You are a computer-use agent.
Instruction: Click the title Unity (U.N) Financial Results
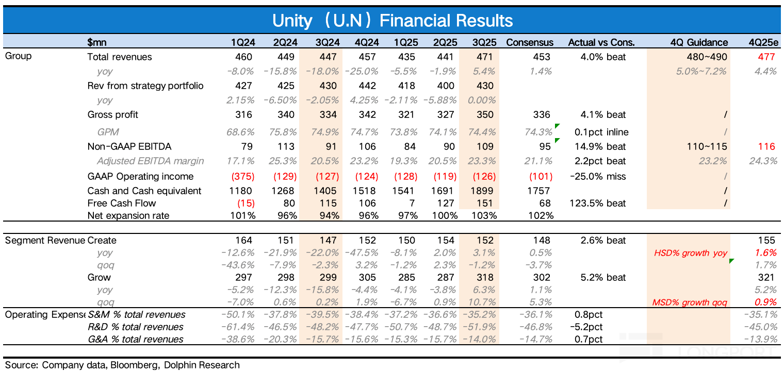(392, 20)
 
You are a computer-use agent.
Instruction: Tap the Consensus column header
(529, 42)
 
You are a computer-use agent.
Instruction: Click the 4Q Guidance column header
(699, 42)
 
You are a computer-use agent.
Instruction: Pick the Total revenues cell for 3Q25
(485, 57)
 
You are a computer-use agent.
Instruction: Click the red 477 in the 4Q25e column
(766, 57)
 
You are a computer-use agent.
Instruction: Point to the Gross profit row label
(112, 114)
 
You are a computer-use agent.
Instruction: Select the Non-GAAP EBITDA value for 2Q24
(287, 146)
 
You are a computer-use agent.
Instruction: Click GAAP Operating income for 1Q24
(244, 176)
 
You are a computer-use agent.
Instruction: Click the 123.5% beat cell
(597, 203)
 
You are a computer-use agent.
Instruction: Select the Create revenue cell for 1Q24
(244, 240)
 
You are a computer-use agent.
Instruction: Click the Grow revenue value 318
(485, 277)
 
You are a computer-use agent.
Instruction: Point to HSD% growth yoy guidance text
(691, 253)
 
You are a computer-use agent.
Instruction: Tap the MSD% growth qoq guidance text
(690, 302)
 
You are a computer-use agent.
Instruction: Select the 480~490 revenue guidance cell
(706, 57)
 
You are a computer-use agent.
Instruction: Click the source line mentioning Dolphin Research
(122, 365)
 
